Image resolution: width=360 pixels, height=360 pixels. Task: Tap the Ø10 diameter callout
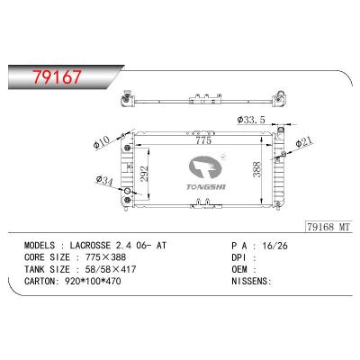(101, 140)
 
